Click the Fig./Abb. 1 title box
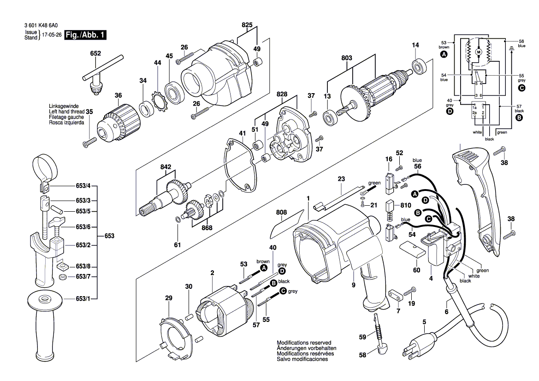(86, 35)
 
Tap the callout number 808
(281, 213)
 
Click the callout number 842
(166, 167)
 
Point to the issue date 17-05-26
(52, 35)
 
